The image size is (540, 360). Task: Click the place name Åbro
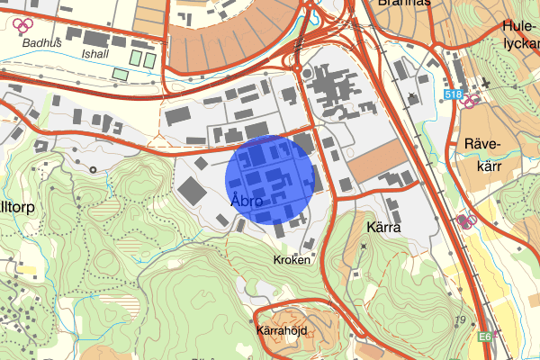246,202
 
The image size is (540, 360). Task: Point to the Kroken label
291,259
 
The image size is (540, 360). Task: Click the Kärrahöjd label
282,330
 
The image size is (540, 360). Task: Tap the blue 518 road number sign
454,94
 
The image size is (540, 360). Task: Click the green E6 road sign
485,336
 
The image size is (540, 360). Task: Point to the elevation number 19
460,321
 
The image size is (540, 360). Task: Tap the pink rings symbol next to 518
469,101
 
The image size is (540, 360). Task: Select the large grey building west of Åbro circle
193,190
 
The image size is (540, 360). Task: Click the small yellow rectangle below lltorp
25,267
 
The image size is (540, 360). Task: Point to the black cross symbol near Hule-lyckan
486,84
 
